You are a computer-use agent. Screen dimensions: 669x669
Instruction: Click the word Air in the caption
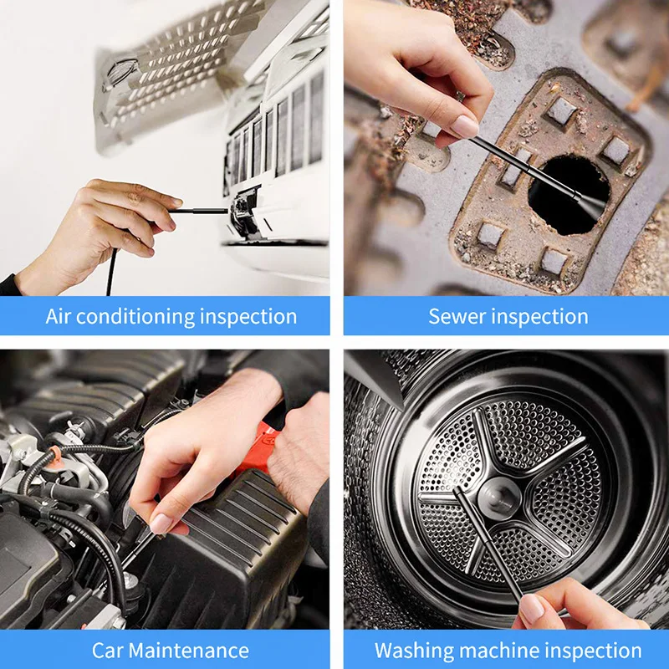[60, 316]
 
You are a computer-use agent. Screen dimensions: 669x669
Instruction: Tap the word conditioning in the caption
[136, 316]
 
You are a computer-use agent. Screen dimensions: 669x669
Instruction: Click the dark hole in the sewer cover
[569, 194]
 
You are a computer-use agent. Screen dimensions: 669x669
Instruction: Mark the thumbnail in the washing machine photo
[532, 610]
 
